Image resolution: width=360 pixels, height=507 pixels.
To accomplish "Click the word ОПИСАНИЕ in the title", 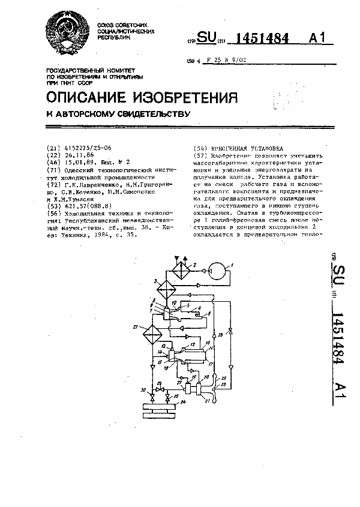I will click(x=85, y=98).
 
